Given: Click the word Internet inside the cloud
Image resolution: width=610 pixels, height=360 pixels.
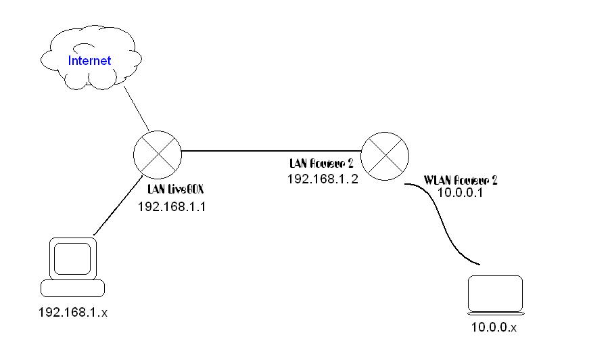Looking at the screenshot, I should coord(89,61).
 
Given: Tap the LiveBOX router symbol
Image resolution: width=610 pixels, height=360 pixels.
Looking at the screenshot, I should coord(158,152).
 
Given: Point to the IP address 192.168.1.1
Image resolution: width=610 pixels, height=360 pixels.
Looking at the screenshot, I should coord(172,207).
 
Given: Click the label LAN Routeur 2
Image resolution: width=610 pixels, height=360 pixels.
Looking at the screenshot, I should coord(321,164).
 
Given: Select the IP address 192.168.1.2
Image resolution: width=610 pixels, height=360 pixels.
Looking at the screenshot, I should coord(321,180).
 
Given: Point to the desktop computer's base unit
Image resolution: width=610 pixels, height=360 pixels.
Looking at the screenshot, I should coord(73,289).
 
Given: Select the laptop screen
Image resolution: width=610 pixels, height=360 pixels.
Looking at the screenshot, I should coord(496,292).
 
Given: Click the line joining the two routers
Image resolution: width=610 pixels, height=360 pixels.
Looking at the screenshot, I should coord(271,151).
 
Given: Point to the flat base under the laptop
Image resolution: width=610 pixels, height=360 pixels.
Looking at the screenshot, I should coord(496,313).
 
